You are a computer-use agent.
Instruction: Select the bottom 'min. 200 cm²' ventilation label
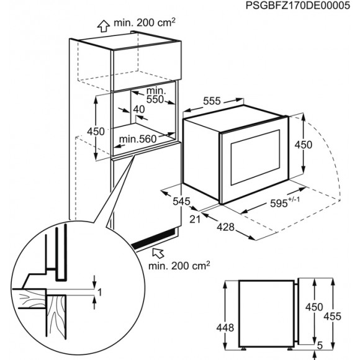[179, 266]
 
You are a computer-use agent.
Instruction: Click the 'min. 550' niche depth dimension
[156, 94]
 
